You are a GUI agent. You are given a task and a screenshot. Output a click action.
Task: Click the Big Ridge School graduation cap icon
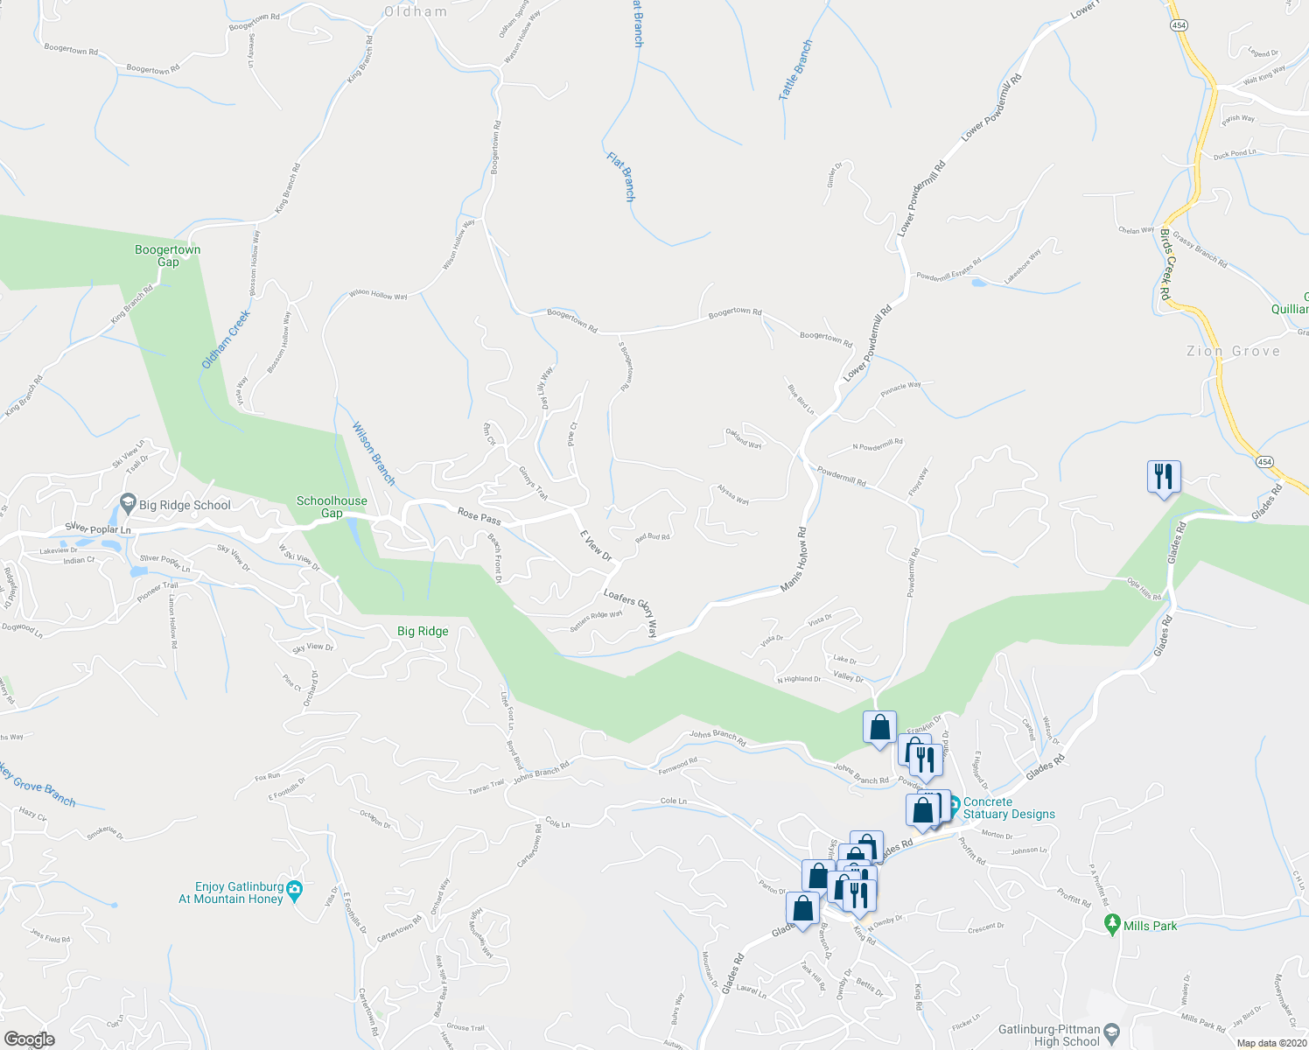click(128, 503)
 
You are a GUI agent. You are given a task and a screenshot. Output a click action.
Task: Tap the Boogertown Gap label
click(168, 255)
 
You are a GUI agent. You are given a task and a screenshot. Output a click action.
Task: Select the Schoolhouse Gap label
click(332, 507)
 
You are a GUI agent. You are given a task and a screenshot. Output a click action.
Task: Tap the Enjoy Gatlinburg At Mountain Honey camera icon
click(294, 888)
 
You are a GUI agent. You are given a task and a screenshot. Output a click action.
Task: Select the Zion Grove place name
click(1233, 351)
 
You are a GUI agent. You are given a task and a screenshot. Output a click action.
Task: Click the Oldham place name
click(416, 11)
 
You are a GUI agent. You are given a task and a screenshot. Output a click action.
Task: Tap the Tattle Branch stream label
click(795, 70)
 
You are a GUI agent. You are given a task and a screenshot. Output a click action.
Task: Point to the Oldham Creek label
click(226, 339)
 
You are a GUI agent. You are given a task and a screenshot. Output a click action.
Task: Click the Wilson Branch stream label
click(374, 454)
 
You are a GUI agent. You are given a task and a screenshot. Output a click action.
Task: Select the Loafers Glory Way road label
click(630, 612)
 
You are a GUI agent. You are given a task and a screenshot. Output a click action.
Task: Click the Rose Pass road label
click(479, 517)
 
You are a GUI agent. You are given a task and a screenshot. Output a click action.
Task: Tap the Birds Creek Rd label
click(1165, 264)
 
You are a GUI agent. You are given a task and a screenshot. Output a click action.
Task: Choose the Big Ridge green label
click(423, 631)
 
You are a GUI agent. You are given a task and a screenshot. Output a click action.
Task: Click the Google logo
click(29, 1039)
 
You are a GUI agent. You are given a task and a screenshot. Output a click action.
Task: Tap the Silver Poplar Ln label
click(98, 529)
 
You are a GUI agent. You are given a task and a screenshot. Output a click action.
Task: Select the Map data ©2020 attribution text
click(1270, 1043)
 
